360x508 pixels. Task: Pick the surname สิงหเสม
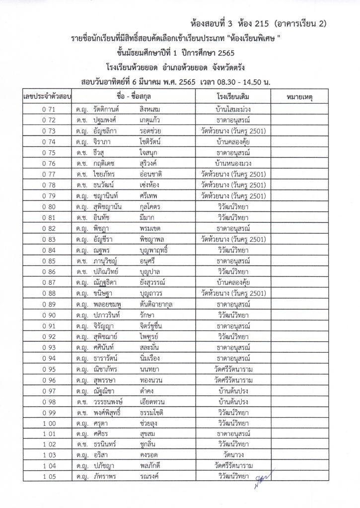(152, 109)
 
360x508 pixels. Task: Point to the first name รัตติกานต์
(107, 109)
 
